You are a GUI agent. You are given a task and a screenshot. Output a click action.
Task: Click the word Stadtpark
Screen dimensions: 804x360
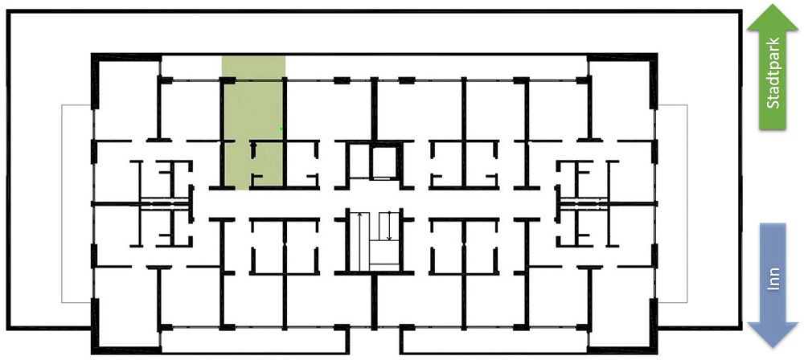pyautogui.click(x=773, y=73)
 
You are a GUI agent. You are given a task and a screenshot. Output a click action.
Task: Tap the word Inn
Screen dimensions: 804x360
pyautogui.click(x=773, y=280)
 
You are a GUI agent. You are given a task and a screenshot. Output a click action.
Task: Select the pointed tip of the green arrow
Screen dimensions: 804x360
pyautogui.click(x=773, y=5)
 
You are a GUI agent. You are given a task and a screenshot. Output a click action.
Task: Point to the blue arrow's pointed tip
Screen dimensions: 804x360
pyautogui.click(x=773, y=348)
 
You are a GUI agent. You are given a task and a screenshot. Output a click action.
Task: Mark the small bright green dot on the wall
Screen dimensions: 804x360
pyautogui.click(x=281, y=129)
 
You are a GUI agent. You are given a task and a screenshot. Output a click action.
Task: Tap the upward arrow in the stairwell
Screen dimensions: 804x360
pyautogui.click(x=360, y=241)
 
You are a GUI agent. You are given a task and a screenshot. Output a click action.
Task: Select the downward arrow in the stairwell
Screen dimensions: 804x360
pyautogui.click(x=389, y=226)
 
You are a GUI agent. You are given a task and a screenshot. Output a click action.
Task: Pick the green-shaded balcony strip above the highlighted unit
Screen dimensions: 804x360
pyautogui.click(x=253, y=67)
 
